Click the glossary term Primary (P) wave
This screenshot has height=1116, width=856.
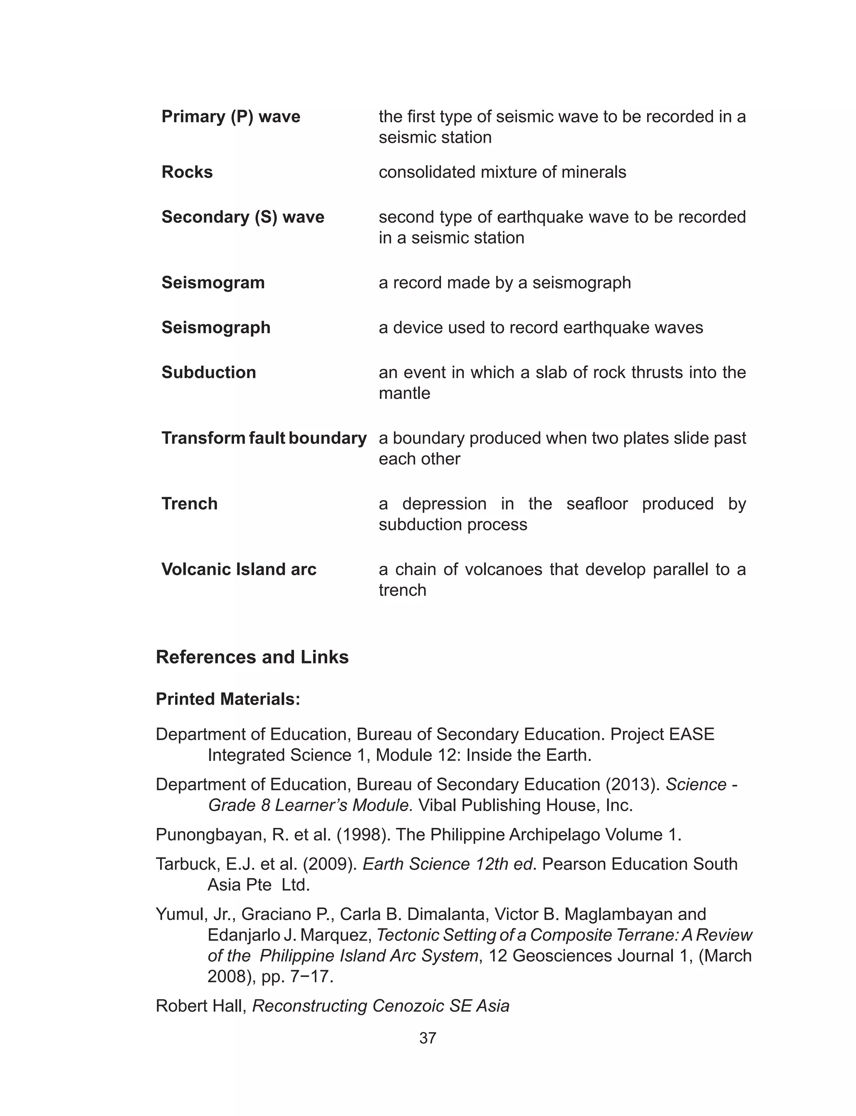tap(231, 117)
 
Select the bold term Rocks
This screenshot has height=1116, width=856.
tap(187, 172)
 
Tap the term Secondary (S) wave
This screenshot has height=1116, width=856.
tap(242, 217)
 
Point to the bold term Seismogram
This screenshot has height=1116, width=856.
tap(213, 283)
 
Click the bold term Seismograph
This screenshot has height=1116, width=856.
tap(216, 328)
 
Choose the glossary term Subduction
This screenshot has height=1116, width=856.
tap(209, 373)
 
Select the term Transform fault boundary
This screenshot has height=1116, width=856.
tap(263, 438)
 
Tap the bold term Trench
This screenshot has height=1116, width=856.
tap(189, 504)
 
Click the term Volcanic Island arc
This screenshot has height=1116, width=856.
tap(239, 569)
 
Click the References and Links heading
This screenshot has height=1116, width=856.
tap(252, 657)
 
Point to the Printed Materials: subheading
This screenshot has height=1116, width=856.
tap(228, 699)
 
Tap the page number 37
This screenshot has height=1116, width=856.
tap(428, 1038)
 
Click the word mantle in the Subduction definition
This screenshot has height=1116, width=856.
tap(404, 393)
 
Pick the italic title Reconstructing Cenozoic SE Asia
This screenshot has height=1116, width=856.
tap(381, 1006)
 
